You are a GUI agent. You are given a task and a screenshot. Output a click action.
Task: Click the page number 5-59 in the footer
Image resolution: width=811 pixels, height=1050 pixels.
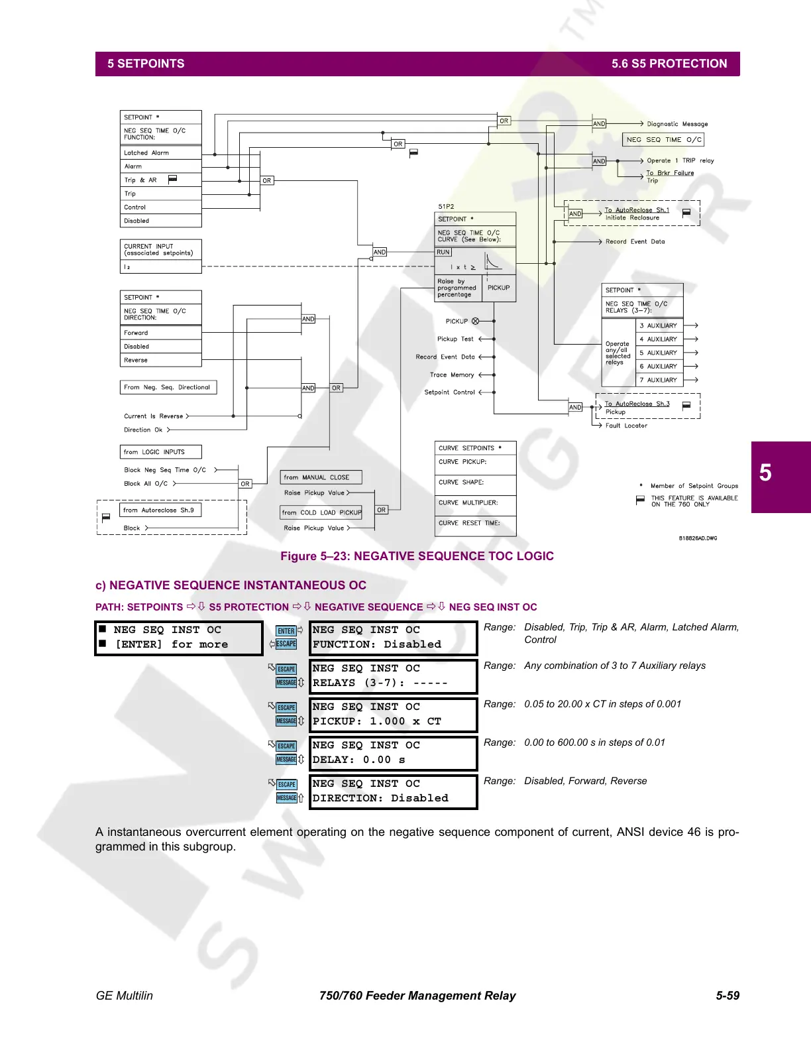727,996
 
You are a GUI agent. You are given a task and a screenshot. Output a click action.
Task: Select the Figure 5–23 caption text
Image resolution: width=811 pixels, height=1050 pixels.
417,556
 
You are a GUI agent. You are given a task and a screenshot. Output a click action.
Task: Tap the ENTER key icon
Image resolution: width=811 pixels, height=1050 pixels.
286,631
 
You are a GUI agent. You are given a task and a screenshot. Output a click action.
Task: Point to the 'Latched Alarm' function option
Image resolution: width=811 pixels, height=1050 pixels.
160,152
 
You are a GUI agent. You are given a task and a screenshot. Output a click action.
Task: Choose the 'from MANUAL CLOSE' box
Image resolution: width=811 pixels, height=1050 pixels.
321,477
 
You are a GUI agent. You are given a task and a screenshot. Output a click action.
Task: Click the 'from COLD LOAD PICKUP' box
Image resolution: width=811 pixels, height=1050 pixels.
321,512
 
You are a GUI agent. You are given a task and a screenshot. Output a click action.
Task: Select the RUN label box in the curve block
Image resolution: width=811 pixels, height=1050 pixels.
443,253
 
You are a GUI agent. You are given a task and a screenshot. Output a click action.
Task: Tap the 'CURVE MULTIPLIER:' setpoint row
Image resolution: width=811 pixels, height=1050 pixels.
475,503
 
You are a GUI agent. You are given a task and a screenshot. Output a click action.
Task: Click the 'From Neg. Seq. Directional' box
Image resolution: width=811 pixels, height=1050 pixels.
168,387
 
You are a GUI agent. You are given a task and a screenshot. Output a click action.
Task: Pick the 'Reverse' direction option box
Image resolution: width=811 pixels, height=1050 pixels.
160,360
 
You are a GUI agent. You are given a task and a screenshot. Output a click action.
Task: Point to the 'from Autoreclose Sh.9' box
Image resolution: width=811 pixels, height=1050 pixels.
160,510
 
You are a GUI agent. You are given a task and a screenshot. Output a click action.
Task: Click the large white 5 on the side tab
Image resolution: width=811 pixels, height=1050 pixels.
765,473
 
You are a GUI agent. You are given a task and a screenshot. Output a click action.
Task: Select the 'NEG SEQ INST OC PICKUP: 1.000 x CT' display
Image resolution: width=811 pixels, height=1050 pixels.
393,715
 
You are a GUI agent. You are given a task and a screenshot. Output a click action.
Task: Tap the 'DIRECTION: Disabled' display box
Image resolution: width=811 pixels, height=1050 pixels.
393,791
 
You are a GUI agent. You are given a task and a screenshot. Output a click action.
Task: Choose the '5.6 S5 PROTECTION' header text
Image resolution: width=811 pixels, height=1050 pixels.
669,64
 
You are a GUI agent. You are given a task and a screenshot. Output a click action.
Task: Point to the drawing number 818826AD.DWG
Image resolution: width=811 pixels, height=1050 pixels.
698,538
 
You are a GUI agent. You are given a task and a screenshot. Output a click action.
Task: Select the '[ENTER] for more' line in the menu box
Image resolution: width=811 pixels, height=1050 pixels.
171,644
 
